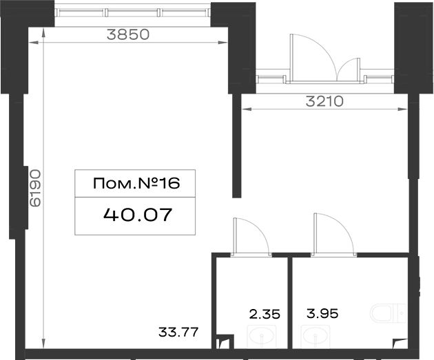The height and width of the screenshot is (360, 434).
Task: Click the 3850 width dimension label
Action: coord(128,34)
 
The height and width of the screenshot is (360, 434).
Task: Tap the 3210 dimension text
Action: coord(324,101)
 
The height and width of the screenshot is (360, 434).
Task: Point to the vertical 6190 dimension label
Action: coord(35,188)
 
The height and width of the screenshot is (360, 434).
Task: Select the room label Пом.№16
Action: coord(136,183)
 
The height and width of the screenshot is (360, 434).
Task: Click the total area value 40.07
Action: coord(138,215)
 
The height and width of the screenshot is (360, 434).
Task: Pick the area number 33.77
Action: coord(178,332)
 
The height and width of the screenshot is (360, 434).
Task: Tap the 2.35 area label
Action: coord(265,314)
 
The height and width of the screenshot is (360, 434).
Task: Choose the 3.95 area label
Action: coord(322,314)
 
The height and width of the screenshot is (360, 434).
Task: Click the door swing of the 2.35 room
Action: coord(257,229)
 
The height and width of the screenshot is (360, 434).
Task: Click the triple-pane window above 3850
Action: coord(132,12)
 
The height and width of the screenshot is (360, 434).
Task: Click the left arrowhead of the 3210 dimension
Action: coord(247,109)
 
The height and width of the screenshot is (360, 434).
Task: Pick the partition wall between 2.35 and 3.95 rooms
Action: coord(290,303)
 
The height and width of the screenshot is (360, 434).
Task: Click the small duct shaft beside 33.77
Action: coord(225,341)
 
